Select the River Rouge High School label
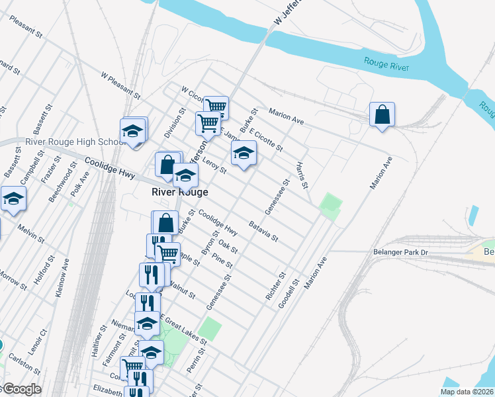74,142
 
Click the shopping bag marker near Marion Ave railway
382,116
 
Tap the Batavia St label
263,230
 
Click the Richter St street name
275,287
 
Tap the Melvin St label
30,234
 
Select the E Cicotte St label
265,139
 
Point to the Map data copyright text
466,392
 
